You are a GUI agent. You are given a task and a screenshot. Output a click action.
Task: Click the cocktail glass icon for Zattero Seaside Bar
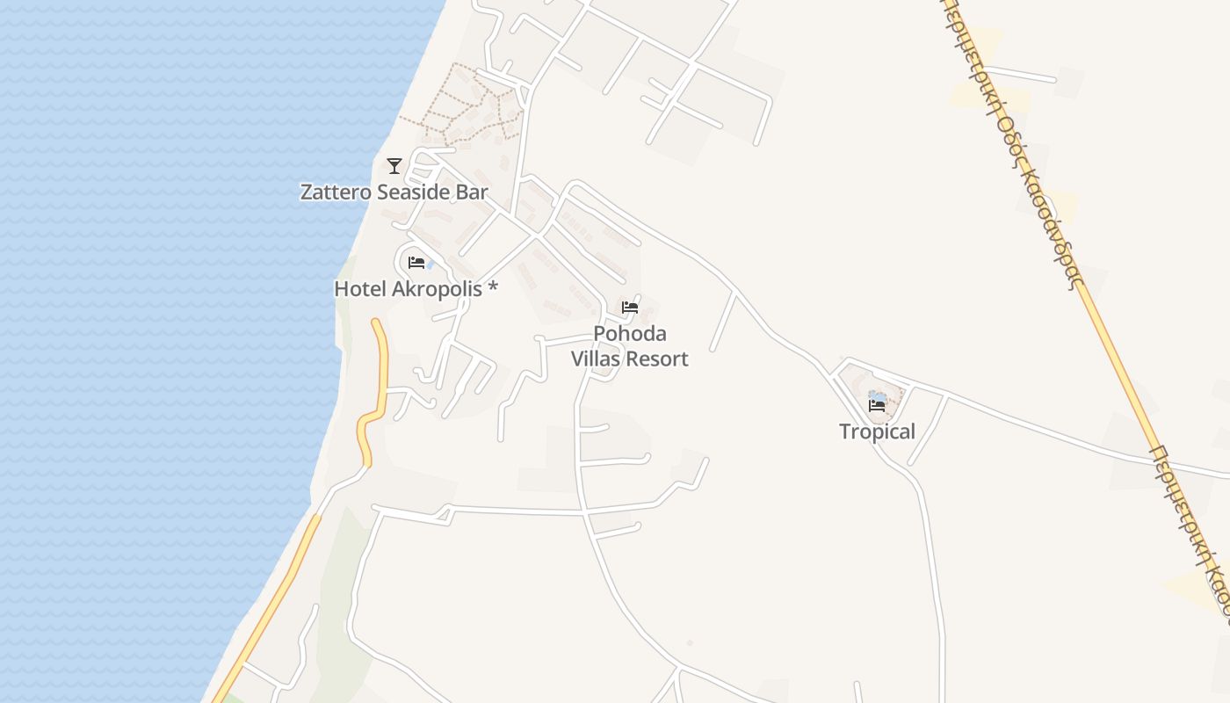tap(394, 165)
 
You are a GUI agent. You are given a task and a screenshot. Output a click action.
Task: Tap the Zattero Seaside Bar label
tap(394, 192)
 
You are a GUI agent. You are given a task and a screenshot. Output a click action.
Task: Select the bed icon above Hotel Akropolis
tap(416, 262)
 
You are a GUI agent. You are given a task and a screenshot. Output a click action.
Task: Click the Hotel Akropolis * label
tap(416, 288)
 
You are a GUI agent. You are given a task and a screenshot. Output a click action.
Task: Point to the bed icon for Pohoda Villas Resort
tap(630, 308)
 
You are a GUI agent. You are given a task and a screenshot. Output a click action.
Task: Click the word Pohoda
tap(630, 334)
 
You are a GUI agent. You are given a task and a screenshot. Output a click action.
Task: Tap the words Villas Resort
tap(630, 359)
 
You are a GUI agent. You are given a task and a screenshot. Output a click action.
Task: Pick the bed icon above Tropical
tap(877, 405)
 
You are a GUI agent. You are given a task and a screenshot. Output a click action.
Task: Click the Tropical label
tap(877, 431)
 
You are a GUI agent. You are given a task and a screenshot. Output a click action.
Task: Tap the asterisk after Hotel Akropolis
tap(493, 287)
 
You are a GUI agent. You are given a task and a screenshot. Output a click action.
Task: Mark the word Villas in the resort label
tap(597, 359)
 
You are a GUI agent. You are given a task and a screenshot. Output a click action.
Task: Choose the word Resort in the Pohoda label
tap(658, 359)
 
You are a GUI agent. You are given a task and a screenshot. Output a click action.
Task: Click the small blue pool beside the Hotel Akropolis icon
tap(430, 263)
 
